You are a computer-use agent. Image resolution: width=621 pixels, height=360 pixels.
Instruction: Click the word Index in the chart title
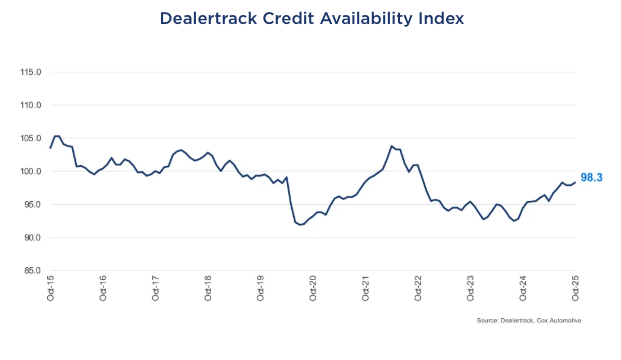tap(437, 18)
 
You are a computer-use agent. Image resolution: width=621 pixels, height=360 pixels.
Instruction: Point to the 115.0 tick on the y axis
tap(29, 73)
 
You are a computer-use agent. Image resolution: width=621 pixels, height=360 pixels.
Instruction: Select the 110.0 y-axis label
tap(29, 106)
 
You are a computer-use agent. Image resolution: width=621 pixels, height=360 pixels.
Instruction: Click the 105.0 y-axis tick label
tap(29, 139)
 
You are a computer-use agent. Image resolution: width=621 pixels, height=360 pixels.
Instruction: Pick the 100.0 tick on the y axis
tap(29, 172)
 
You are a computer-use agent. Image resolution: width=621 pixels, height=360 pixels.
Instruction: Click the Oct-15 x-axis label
tap(51, 290)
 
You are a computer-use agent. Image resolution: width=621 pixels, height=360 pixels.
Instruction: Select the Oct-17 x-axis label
tap(156, 290)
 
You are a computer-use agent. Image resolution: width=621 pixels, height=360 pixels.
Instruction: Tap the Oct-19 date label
tap(261, 290)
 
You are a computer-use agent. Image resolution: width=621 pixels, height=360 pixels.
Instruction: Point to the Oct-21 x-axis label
tap(366, 290)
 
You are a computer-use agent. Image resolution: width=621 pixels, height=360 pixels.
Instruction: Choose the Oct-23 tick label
tap(471, 290)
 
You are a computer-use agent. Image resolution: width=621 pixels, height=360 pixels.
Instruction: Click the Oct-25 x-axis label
tap(576, 290)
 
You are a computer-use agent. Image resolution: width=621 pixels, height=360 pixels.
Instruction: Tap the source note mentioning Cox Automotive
tap(529, 320)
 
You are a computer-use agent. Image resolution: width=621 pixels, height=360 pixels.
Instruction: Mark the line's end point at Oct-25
tap(575, 182)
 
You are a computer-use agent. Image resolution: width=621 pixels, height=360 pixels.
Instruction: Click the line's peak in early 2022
tap(391, 146)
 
